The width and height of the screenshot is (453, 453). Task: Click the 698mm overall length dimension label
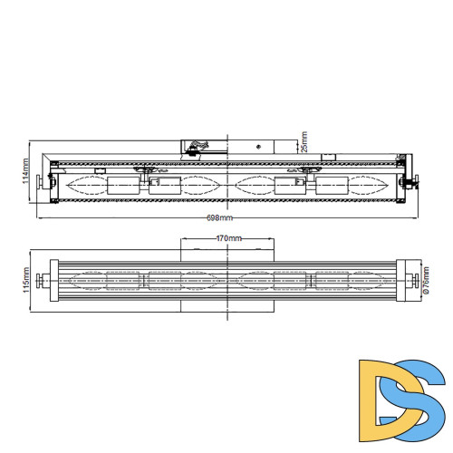[219, 218]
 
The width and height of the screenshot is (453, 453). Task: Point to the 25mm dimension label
[304, 143]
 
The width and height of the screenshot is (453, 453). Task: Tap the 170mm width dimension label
[228, 237]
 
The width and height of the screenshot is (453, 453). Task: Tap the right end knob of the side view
[415, 183]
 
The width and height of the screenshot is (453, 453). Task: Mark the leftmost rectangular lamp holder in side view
[120, 185]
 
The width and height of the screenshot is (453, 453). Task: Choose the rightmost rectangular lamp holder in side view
[332, 185]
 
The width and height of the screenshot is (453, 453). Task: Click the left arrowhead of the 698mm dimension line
[40, 217]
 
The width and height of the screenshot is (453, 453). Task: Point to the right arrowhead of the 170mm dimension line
[274, 237]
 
